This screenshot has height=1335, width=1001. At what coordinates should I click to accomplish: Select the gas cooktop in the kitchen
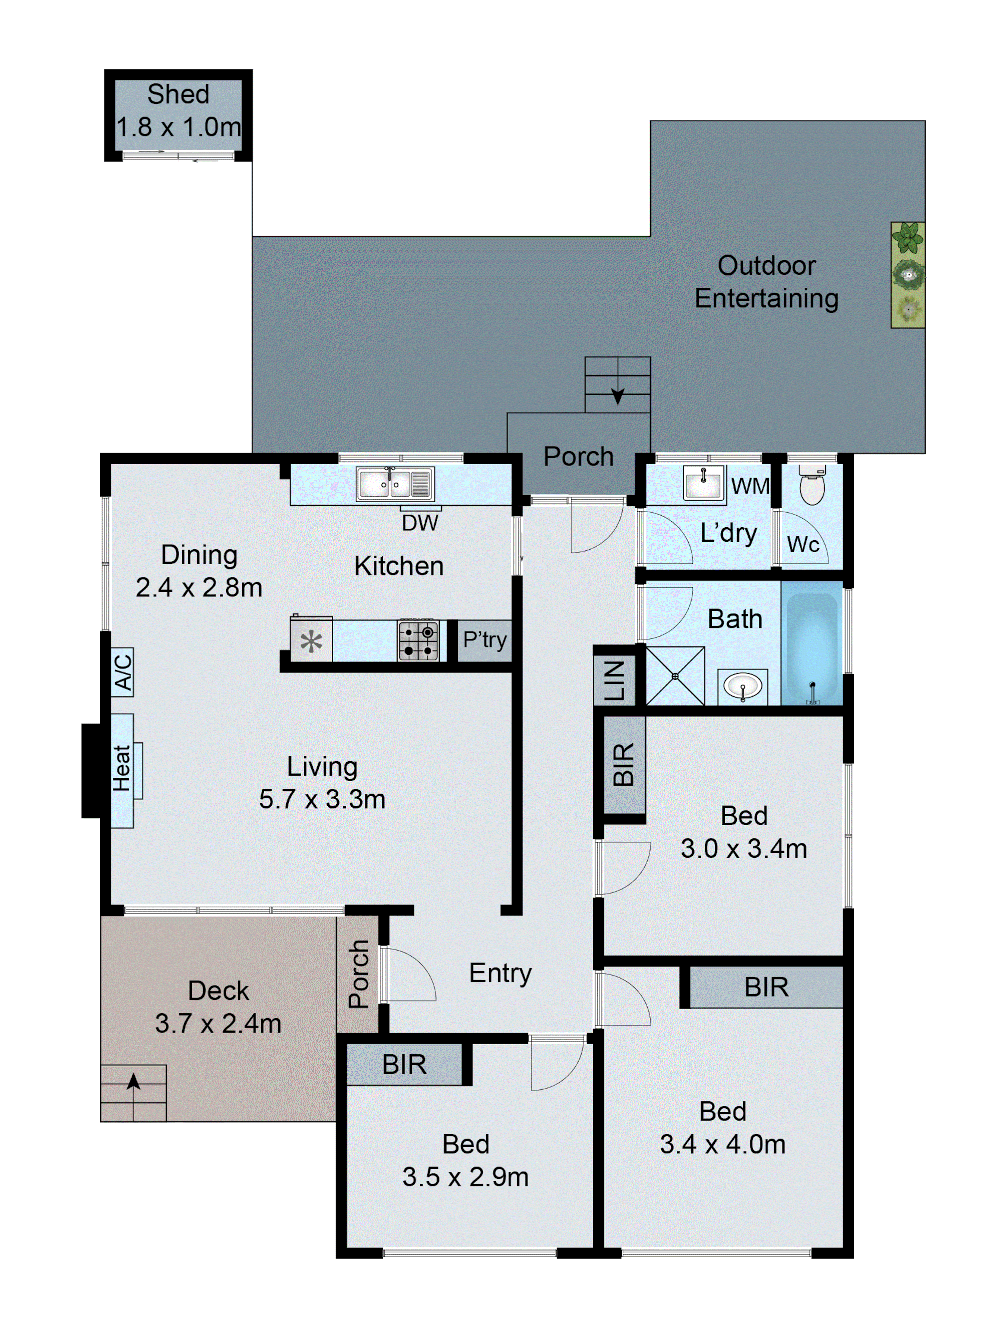417,640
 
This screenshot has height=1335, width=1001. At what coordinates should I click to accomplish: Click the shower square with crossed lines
675,676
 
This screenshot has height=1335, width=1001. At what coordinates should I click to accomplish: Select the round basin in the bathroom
742,686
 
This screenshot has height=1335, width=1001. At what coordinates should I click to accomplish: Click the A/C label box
122,672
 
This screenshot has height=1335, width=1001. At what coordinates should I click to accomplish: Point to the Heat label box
122,770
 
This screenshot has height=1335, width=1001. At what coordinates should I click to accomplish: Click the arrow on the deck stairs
133,1082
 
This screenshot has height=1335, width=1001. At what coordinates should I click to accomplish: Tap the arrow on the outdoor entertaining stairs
617,396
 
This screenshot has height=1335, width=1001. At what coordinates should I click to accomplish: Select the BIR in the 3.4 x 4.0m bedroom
766,987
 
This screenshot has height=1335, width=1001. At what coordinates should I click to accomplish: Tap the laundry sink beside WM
703,482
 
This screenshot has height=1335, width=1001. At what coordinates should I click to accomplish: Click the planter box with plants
908,275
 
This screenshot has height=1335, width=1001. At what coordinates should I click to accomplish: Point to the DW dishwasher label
420,523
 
